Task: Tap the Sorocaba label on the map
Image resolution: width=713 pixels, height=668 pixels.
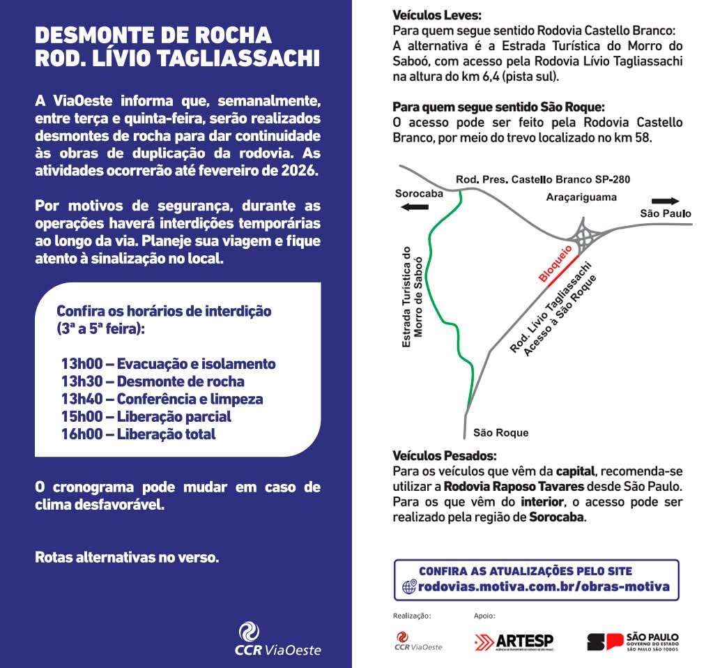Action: coord(419,193)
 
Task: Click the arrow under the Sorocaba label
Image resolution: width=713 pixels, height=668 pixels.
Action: coord(415,207)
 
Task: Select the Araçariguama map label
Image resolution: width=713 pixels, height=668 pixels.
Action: coord(581,197)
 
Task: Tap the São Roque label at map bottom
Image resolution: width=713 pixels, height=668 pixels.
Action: coord(500,432)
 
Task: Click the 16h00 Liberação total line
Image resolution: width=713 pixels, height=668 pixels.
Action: coord(138,434)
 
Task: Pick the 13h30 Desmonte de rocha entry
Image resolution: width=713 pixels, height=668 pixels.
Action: coord(153,381)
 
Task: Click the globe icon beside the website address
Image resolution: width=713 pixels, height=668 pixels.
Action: coord(409,587)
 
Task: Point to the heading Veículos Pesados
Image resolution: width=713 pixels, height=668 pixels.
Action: coord(444,456)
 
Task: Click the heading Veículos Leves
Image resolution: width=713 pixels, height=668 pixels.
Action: coord(437,15)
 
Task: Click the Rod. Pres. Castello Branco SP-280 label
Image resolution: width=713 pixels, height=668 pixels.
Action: coord(542,179)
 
